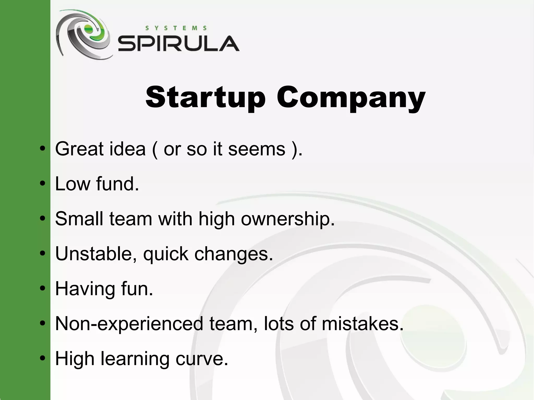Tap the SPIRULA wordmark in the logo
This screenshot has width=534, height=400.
coord(179,44)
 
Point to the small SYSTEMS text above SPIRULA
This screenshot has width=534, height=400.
coord(176,28)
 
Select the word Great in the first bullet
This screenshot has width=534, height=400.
coord(79,149)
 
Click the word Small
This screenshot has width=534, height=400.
coord(79,219)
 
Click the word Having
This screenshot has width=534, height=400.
coord(85,289)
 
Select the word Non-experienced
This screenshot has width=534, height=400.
coord(129,324)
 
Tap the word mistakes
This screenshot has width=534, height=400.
coord(362,324)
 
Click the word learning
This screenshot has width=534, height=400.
coord(135,359)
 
